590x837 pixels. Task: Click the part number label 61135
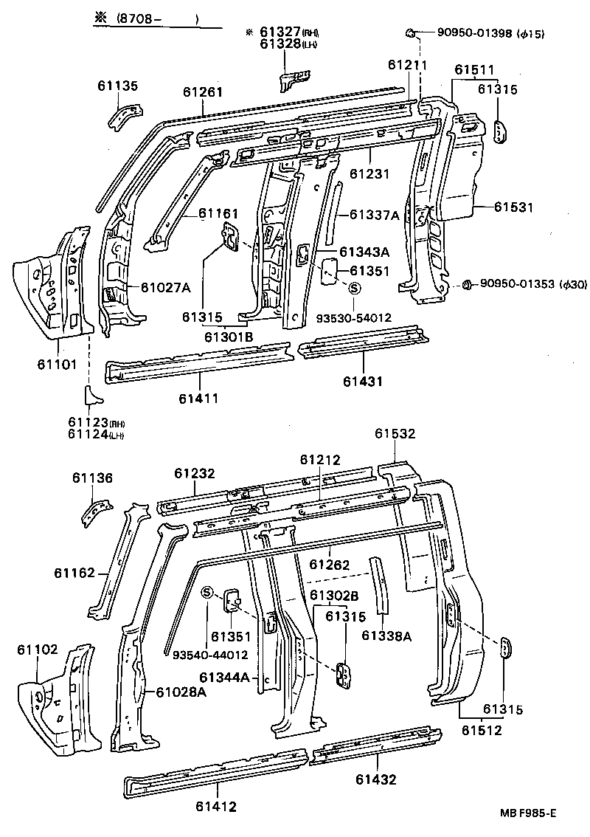(117, 86)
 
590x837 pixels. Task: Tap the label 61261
(203, 92)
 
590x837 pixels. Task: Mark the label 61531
(513, 207)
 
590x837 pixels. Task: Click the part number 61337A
(373, 215)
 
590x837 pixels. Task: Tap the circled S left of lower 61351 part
(207, 593)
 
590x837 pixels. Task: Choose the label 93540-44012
(210, 654)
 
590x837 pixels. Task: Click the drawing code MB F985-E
(527, 813)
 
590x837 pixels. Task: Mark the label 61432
(375, 779)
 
